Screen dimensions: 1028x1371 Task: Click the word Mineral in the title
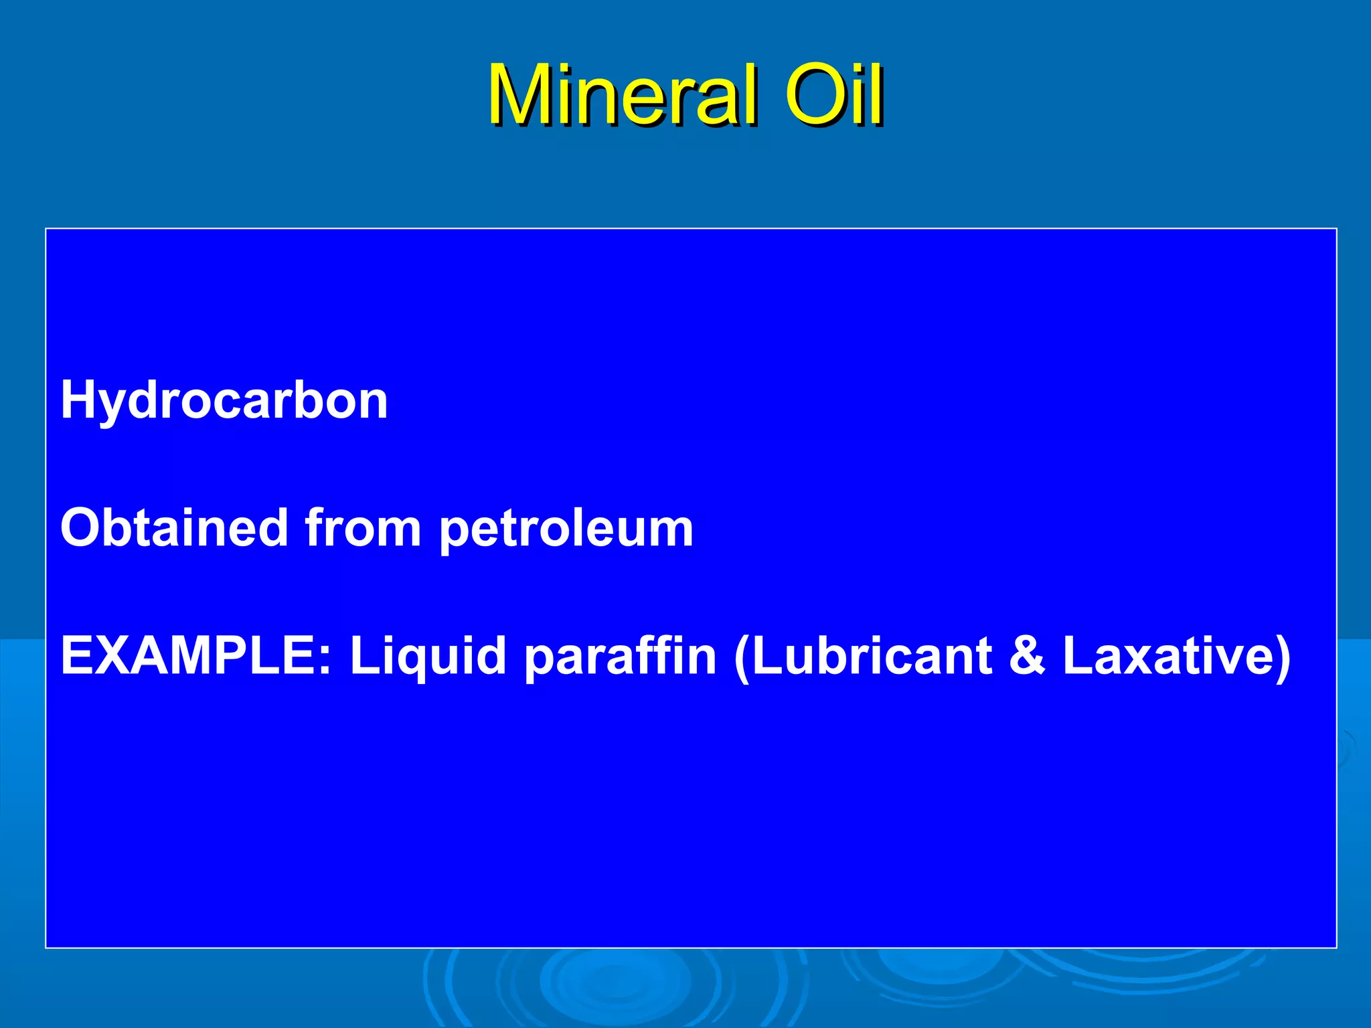pyautogui.click(x=623, y=95)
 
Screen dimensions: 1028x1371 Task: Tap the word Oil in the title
pyautogui.click(x=833, y=95)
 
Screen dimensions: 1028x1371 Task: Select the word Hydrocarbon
pyautogui.click(x=224, y=400)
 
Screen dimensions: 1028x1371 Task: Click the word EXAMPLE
pyautogui.click(x=191, y=656)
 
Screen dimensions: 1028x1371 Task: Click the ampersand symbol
pyautogui.click(x=1027, y=656)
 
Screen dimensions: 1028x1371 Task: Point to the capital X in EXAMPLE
pyautogui.click(x=121, y=656)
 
